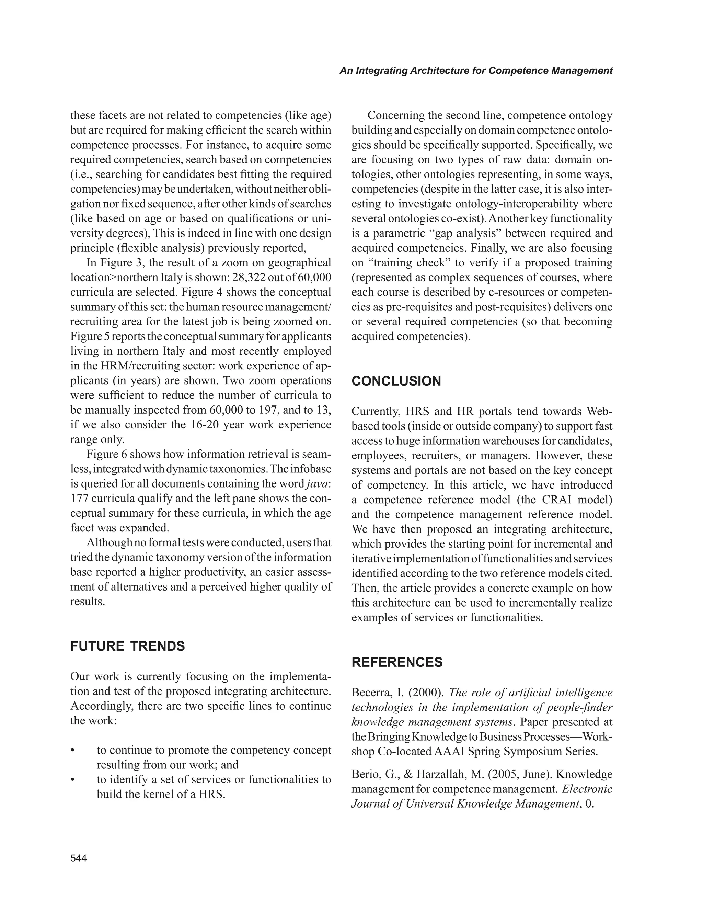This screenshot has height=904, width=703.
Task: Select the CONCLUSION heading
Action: [x=396, y=381]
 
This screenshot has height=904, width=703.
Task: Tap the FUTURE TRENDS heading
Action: [x=127, y=646]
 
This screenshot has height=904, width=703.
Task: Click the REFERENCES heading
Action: [x=397, y=662]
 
